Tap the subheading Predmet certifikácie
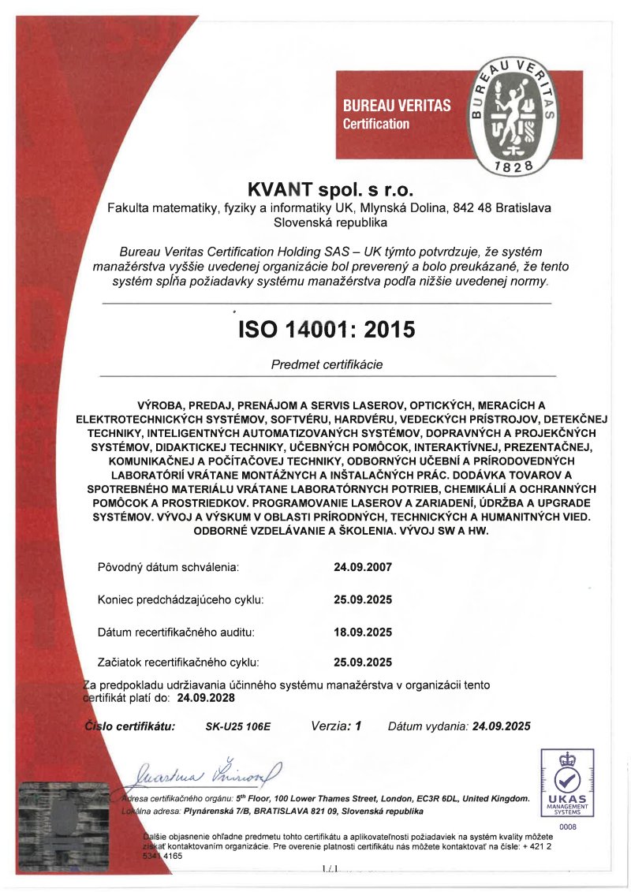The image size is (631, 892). pos(327,365)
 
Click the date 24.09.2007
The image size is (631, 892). pos(363,567)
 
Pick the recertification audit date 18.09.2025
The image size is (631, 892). pos(363,632)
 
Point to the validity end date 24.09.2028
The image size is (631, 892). pos(206,698)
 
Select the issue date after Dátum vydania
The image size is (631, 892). pos(501,726)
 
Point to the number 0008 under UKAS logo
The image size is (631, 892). pos(568,825)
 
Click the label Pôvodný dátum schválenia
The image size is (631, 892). pos(168,567)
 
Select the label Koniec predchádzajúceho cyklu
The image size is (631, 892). pos(181,599)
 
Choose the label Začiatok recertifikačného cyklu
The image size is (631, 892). pos(178,662)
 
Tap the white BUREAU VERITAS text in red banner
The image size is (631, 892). pos(397,105)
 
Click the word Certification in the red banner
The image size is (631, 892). pos(376,124)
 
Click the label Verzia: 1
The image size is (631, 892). pos(336,726)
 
